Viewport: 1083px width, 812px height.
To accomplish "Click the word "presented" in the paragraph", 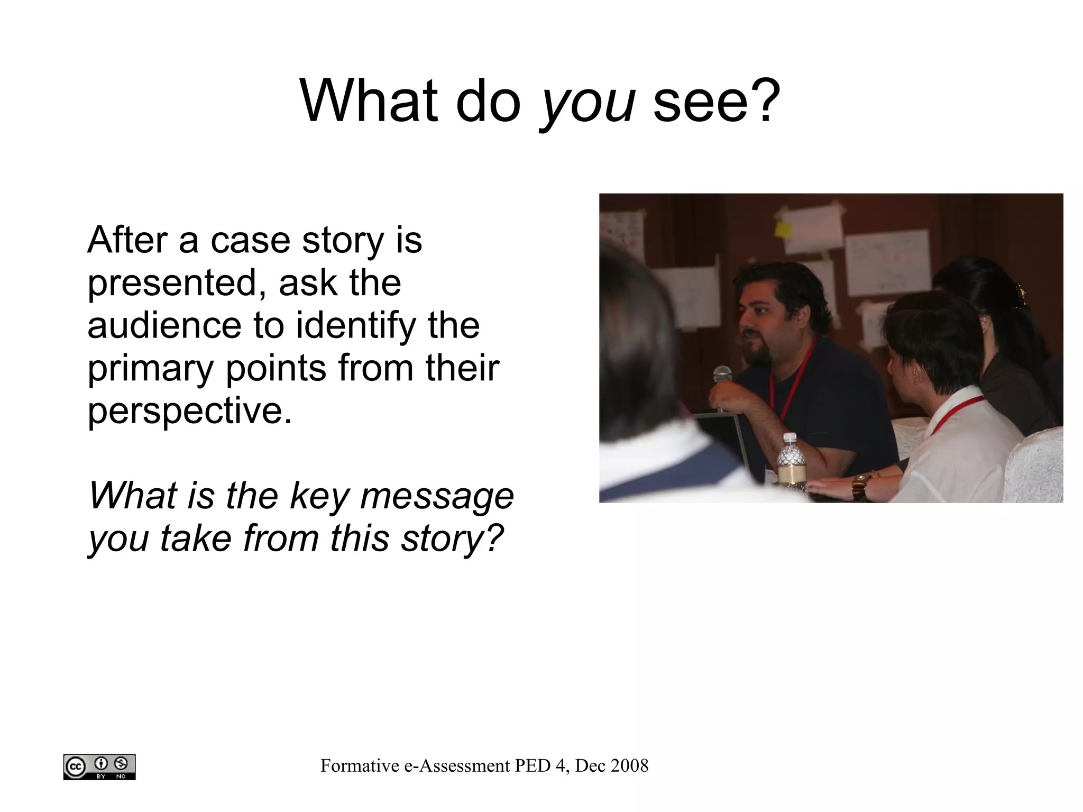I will [177, 283].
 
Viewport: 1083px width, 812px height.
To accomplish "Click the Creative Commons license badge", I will [99, 767].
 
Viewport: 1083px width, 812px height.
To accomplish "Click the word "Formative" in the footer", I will [360, 765].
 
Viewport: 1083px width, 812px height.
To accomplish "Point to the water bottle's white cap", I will [790, 438].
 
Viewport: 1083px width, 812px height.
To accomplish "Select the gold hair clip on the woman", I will [1020, 294].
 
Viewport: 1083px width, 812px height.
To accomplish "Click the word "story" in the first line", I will [342, 241].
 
